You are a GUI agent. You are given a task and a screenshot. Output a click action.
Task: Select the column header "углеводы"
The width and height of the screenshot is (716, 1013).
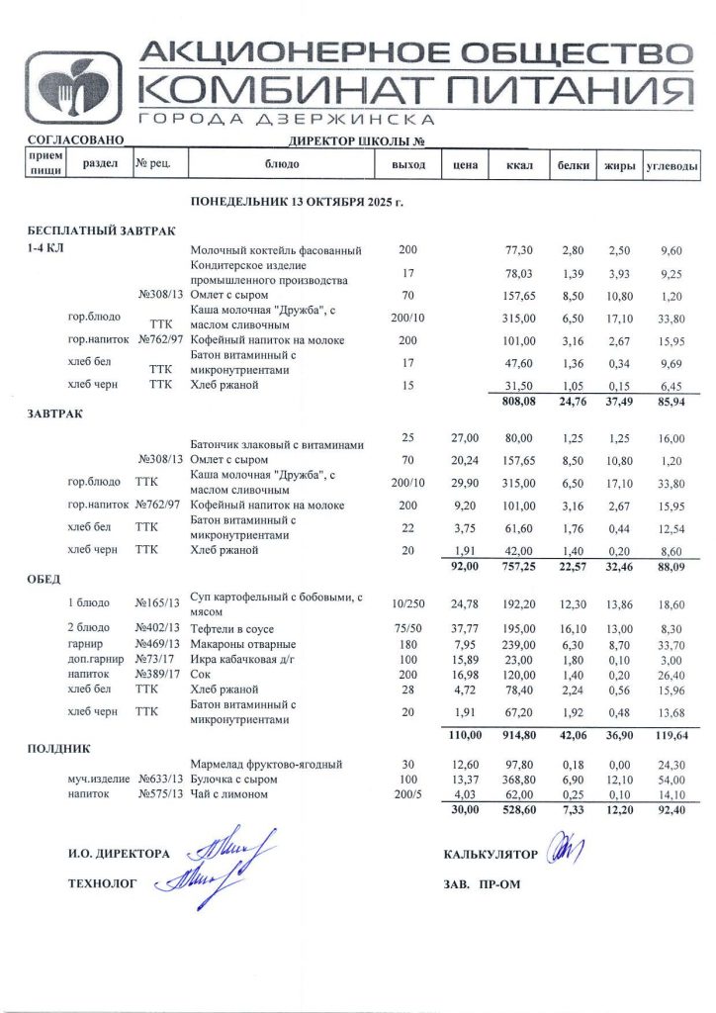(x=672, y=165)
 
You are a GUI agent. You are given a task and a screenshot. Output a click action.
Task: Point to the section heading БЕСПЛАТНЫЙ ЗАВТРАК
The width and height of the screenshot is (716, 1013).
(x=101, y=230)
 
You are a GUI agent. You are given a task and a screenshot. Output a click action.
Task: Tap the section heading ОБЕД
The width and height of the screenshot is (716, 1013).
(x=45, y=579)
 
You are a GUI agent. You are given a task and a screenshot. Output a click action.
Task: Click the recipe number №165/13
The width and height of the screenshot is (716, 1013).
(x=157, y=602)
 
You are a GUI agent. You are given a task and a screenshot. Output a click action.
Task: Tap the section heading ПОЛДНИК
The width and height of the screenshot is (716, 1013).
(x=58, y=750)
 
